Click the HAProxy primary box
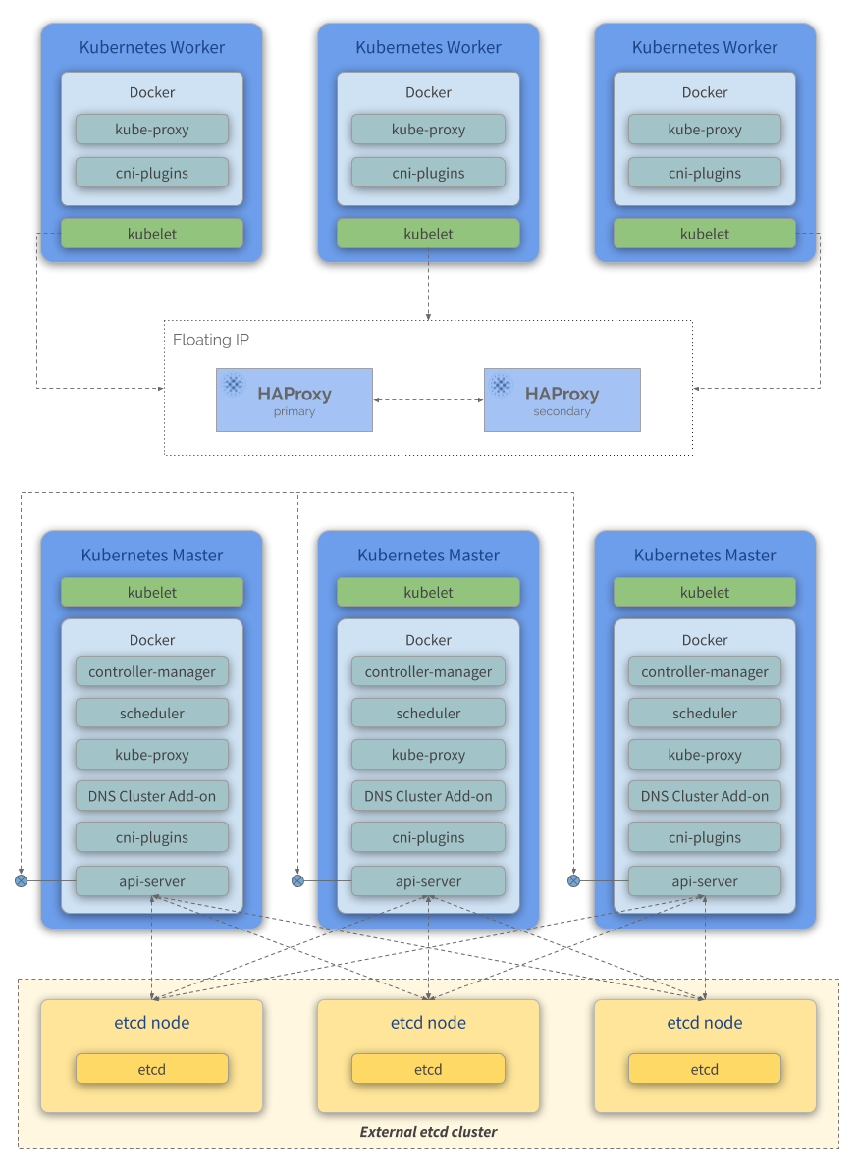click(x=295, y=399)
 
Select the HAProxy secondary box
click(x=562, y=399)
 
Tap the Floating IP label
click(x=211, y=340)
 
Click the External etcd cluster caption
click(x=428, y=1132)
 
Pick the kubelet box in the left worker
click(x=152, y=234)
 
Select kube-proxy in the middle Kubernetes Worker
click(x=428, y=130)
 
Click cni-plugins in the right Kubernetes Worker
click(x=705, y=173)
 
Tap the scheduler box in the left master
click(x=152, y=714)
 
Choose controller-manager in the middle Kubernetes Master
click(x=428, y=672)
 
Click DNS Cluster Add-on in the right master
click(x=705, y=796)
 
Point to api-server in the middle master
click(x=428, y=881)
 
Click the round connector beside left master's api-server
click(x=21, y=881)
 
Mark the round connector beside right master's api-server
click(x=574, y=881)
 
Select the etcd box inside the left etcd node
click(x=152, y=1069)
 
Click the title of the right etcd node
click(x=705, y=1023)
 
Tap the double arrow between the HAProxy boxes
click(x=428, y=400)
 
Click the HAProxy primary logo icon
click(x=234, y=384)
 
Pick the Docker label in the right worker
click(x=705, y=92)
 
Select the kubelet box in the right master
click(x=705, y=592)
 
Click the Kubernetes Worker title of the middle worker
click(x=428, y=47)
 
